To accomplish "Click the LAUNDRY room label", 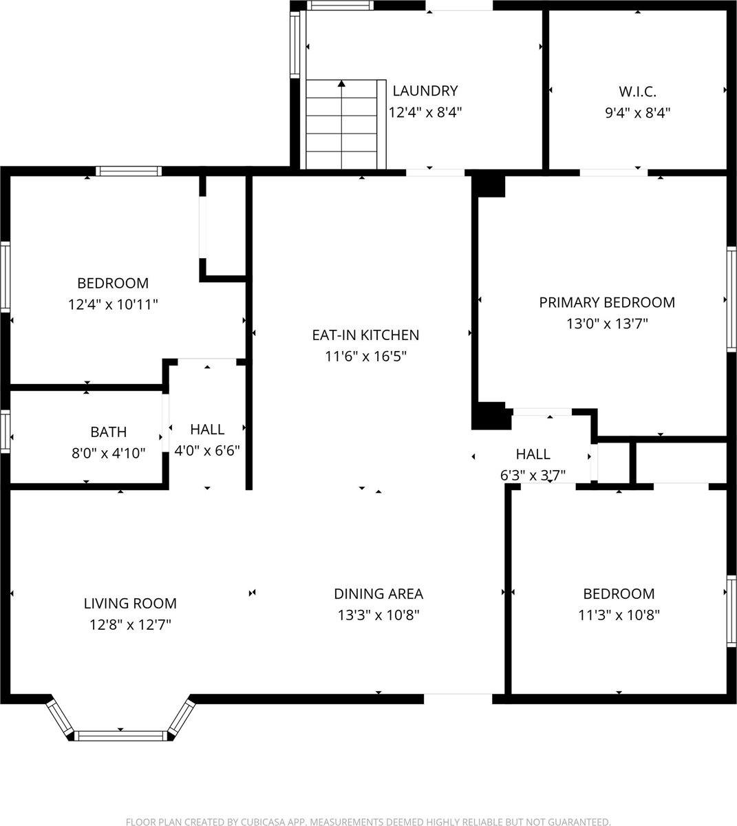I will pos(425,91).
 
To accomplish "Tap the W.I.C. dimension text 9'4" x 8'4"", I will pos(637,113).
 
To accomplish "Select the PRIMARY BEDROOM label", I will pos(606,302).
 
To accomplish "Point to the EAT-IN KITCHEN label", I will pos(365,335).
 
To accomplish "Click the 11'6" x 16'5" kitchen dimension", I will pos(365,357).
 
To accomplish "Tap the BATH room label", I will pos(109,432).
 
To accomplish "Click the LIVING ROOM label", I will pos(130,604).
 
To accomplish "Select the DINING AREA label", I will pos(378,594).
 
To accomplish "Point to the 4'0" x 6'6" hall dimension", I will pos(207,451).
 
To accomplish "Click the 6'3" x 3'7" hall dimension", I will pos(533,475).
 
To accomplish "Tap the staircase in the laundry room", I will pos(342,124).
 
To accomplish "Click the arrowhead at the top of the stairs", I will pos(342,84).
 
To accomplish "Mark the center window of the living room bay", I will pos(120,736).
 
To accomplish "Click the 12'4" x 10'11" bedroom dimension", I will pos(113,304).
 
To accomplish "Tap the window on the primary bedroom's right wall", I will pos(732,299).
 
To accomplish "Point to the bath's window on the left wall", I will pos(5,432).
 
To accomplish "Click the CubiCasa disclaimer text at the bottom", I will pos(368,822).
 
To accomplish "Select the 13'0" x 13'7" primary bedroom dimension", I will pos(606,324).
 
